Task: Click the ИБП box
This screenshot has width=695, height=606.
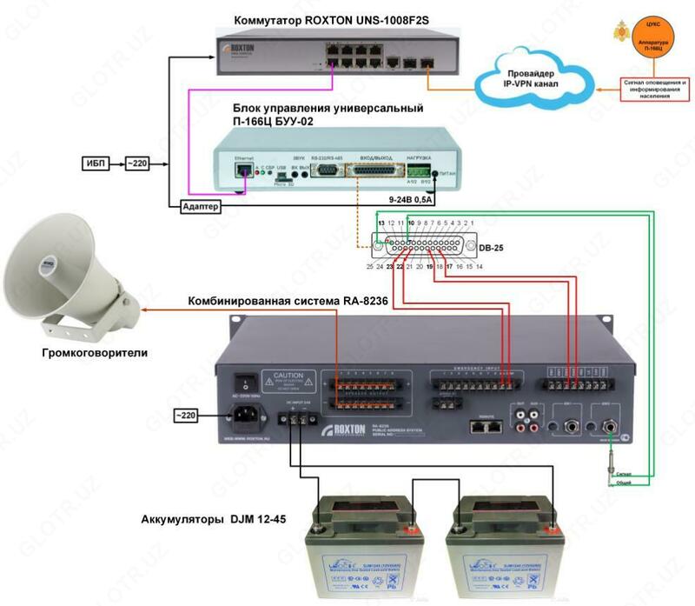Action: [x=96, y=163]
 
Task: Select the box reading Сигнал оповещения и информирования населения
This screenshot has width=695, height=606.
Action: [x=654, y=90]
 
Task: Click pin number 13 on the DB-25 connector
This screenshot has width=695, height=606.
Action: [x=381, y=224]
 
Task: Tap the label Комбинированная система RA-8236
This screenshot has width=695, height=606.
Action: [x=288, y=302]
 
